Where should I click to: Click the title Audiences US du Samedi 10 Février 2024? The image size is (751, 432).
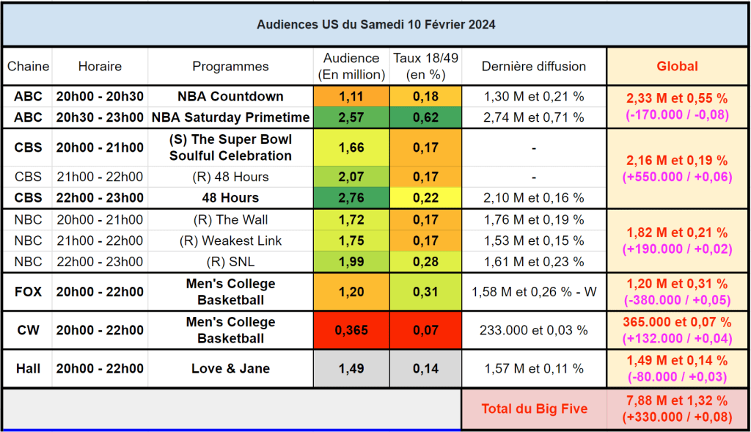point(375,24)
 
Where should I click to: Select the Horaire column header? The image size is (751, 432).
point(100,66)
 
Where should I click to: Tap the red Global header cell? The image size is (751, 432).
point(677,66)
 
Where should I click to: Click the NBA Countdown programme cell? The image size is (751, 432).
point(230,96)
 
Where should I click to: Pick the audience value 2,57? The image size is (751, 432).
point(351,117)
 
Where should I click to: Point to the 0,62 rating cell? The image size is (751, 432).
point(426,117)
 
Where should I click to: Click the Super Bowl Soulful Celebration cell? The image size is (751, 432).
point(230,147)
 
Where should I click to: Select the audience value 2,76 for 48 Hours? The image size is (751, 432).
point(351,198)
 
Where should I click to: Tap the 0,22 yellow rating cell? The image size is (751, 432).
point(426,198)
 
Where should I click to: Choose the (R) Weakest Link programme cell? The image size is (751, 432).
point(230,241)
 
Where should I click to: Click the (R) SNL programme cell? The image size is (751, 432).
point(230,262)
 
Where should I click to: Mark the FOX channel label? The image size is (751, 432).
point(28,292)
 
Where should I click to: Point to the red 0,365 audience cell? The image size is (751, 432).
point(351,330)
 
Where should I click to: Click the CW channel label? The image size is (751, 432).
point(28,330)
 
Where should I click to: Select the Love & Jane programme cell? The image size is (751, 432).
point(230,368)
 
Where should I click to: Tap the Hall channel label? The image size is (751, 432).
point(28,368)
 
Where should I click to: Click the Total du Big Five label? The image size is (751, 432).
point(534,409)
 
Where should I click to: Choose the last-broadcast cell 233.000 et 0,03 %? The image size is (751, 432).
point(534,330)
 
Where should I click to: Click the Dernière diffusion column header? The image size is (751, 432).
point(534,66)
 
